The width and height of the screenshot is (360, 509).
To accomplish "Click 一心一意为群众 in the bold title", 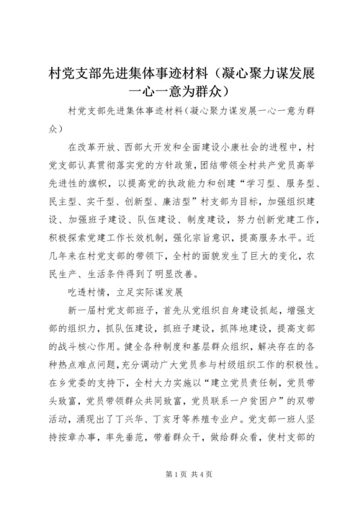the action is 179,91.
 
